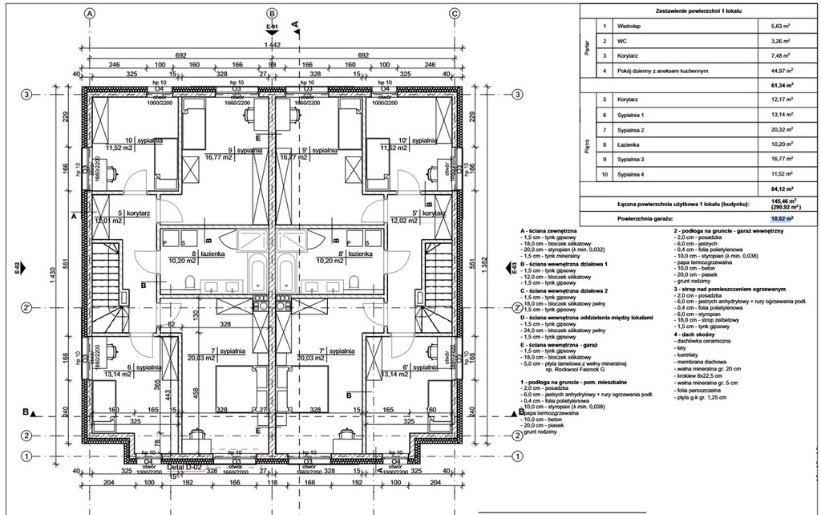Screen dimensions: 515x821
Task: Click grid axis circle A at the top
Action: pos(89,14)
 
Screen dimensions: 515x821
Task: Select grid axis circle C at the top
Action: pos(455,14)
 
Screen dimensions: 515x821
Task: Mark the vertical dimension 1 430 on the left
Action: pos(53,273)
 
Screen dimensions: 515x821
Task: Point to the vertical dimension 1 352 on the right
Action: pos(491,273)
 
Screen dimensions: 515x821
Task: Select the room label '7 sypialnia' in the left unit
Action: pos(204,351)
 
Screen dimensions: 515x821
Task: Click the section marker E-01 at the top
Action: pos(272,27)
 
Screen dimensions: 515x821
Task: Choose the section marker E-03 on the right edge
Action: pos(510,269)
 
